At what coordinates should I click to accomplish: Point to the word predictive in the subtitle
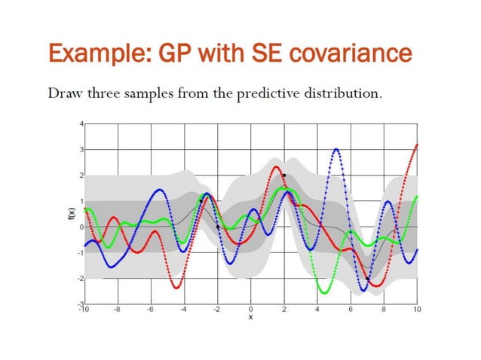(x=283, y=96)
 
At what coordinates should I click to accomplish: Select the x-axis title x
(x=250, y=317)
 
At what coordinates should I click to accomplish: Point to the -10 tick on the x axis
(x=84, y=309)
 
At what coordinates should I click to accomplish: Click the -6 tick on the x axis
(x=150, y=309)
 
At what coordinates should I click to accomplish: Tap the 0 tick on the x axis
(x=250, y=309)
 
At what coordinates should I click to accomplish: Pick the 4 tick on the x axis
(x=317, y=309)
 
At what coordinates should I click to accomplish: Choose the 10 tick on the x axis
(x=417, y=309)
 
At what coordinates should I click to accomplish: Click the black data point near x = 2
(x=284, y=175)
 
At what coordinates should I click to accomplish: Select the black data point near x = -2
(x=217, y=227)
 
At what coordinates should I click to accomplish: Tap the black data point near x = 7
(x=368, y=279)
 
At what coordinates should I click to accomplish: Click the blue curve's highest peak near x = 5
(x=335, y=149)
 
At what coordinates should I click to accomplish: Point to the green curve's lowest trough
(x=323, y=292)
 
